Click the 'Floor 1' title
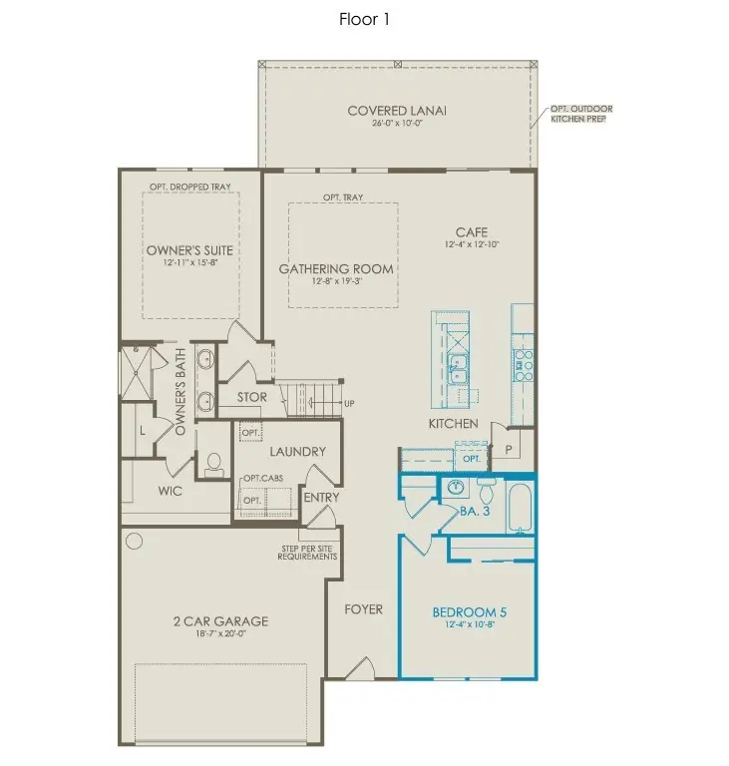pos(364,19)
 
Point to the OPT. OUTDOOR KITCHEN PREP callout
pos(583,113)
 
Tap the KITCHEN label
pos(454,424)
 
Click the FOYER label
pos(363,608)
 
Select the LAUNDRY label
pos(297,451)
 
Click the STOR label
pos(251,397)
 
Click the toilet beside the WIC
pos(212,464)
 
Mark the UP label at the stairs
pos(348,403)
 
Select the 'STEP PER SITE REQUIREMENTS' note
pos(307,552)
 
